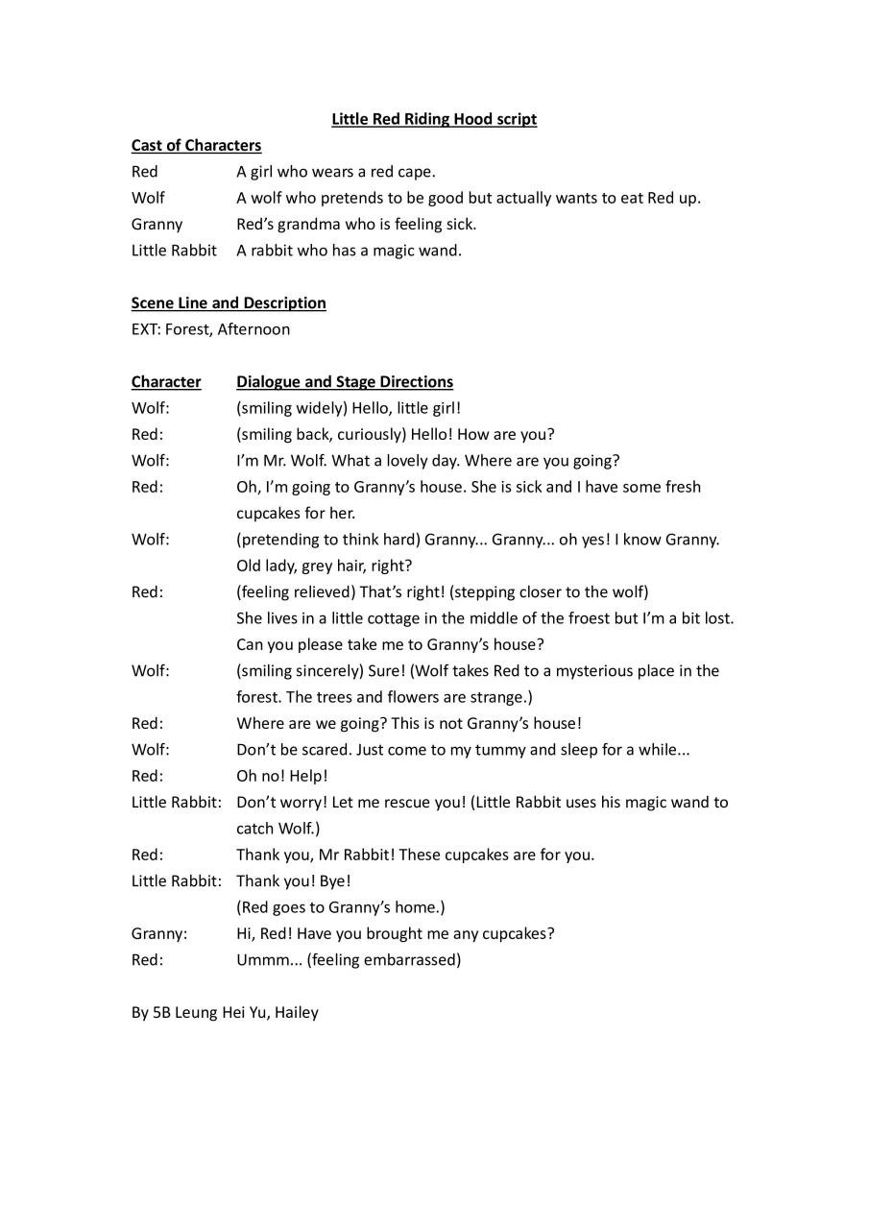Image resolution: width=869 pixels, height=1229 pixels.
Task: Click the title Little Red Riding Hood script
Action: (x=434, y=119)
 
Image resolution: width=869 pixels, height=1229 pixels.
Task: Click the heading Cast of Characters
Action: (x=196, y=145)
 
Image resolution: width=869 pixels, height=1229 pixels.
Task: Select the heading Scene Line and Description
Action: (x=229, y=302)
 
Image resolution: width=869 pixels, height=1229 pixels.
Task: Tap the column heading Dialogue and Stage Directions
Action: (x=345, y=381)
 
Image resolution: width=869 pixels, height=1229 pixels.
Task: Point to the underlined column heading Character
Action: (x=166, y=381)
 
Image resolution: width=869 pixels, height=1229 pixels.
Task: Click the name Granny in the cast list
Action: (x=157, y=224)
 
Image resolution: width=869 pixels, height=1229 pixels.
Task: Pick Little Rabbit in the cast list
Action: (x=174, y=250)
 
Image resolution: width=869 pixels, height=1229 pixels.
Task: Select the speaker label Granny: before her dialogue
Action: (x=159, y=932)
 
